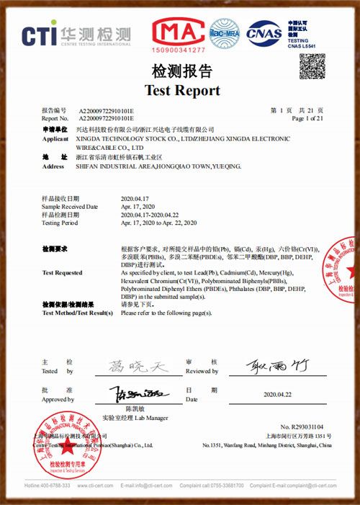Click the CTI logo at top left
click(76, 34)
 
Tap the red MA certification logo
click(178, 34)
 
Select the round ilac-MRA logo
click(224, 32)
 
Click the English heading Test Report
click(182, 91)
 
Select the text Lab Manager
click(153, 417)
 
